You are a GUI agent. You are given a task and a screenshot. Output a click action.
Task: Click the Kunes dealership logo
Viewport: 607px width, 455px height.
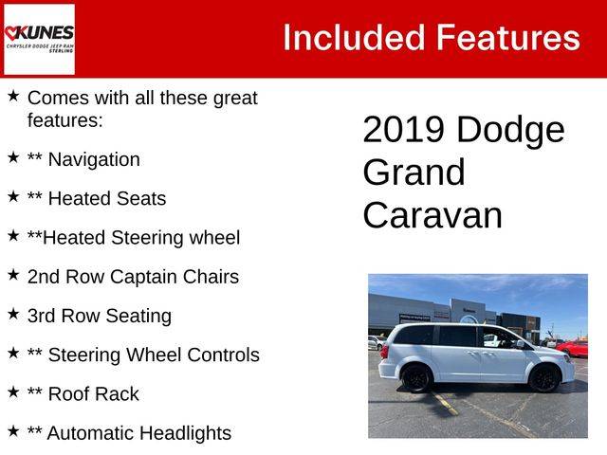pyautogui.click(x=39, y=39)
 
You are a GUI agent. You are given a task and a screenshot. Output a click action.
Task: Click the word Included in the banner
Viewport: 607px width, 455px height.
pyautogui.click(x=354, y=38)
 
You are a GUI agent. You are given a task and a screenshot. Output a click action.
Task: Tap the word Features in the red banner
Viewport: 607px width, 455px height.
pyautogui.click(x=508, y=38)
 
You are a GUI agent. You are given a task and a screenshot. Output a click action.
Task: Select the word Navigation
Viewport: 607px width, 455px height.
pyautogui.click(x=94, y=160)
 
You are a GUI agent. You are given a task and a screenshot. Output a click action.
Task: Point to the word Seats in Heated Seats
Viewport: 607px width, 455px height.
pyautogui.click(x=141, y=198)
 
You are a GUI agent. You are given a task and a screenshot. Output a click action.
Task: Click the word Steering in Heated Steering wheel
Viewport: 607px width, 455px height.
pyautogui.click(x=147, y=238)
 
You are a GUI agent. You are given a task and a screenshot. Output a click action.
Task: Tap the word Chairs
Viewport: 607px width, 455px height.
pyautogui.click(x=211, y=277)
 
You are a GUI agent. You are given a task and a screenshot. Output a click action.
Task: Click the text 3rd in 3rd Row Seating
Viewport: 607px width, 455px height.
pyautogui.click(x=41, y=316)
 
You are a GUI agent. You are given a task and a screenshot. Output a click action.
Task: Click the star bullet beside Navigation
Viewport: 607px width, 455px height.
pyautogui.click(x=13, y=157)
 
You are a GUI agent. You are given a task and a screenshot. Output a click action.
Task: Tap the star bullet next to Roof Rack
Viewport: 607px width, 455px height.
pyautogui.click(x=13, y=391)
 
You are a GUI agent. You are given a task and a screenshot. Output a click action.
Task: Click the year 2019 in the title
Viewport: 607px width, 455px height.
pyautogui.click(x=403, y=130)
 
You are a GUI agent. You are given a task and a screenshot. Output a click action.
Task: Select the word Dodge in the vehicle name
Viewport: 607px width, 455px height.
pyautogui.click(x=510, y=131)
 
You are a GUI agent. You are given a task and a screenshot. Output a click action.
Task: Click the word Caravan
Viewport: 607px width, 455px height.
pyautogui.click(x=432, y=215)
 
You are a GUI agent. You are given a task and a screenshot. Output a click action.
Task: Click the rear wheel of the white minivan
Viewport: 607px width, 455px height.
pyautogui.click(x=416, y=378)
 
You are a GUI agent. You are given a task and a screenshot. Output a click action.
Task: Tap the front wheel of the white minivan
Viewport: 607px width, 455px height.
pyautogui.click(x=544, y=378)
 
